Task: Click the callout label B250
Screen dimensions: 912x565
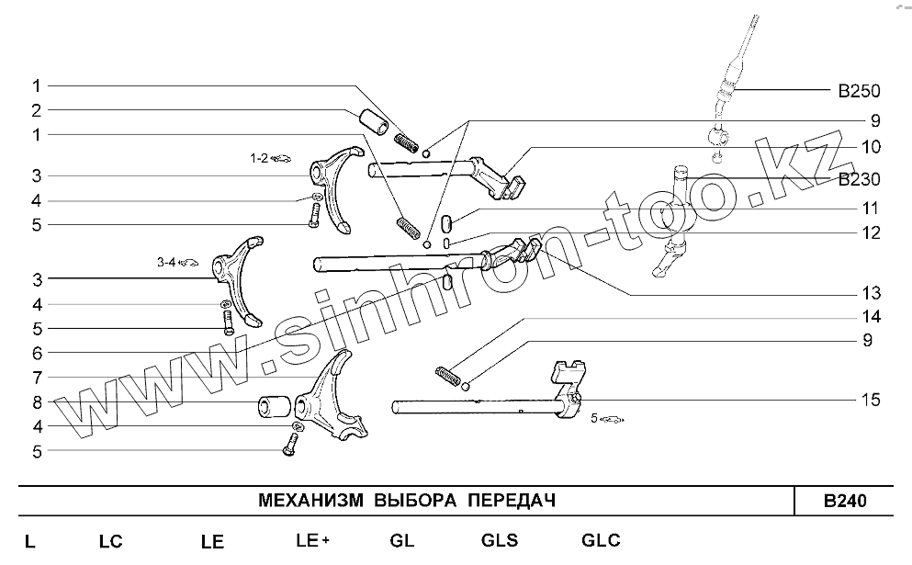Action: (858, 91)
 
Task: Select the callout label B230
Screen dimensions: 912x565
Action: (858, 180)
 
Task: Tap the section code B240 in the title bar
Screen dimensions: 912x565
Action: (844, 502)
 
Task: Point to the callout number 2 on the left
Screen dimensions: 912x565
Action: (36, 110)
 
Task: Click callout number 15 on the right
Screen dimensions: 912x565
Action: (870, 400)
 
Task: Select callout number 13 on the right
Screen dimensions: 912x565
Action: (870, 294)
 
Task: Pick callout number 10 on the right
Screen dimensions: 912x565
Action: (870, 147)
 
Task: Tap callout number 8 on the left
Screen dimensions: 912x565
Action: (36, 401)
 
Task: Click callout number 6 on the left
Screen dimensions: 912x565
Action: (36, 353)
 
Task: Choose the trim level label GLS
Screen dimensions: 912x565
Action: (499, 540)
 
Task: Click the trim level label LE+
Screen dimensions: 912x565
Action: (312, 540)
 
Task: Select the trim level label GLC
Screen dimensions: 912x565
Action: (601, 540)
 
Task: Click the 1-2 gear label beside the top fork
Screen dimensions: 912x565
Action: (259, 158)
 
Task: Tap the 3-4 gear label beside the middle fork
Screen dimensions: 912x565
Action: (166, 263)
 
